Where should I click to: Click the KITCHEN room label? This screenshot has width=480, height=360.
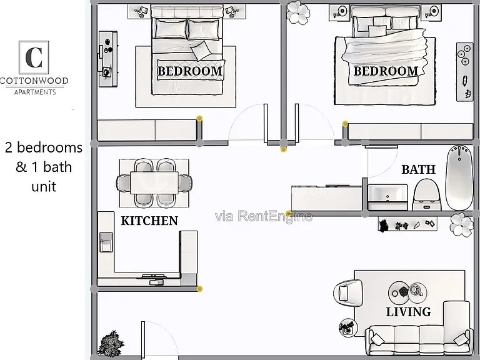click(149, 221)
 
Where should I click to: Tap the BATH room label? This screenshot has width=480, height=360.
click(419, 169)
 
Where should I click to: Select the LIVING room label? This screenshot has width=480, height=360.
click(409, 312)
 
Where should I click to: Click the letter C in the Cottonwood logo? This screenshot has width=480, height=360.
click(34, 57)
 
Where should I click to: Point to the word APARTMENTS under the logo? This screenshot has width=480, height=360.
click(35, 92)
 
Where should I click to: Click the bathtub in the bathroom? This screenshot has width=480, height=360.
click(459, 177)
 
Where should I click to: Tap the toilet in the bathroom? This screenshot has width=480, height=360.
click(427, 195)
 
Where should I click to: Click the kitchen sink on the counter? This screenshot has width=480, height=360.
click(106, 242)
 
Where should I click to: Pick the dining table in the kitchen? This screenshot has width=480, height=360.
click(154, 182)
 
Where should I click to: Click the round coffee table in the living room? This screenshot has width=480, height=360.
click(407, 292)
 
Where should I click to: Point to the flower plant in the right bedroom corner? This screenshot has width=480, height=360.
click(298, 12)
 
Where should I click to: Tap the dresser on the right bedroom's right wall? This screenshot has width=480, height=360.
click(465, 72)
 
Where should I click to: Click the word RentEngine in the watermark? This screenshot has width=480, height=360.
click(275, 216)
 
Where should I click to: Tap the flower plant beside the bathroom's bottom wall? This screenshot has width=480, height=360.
click(462, 225)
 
